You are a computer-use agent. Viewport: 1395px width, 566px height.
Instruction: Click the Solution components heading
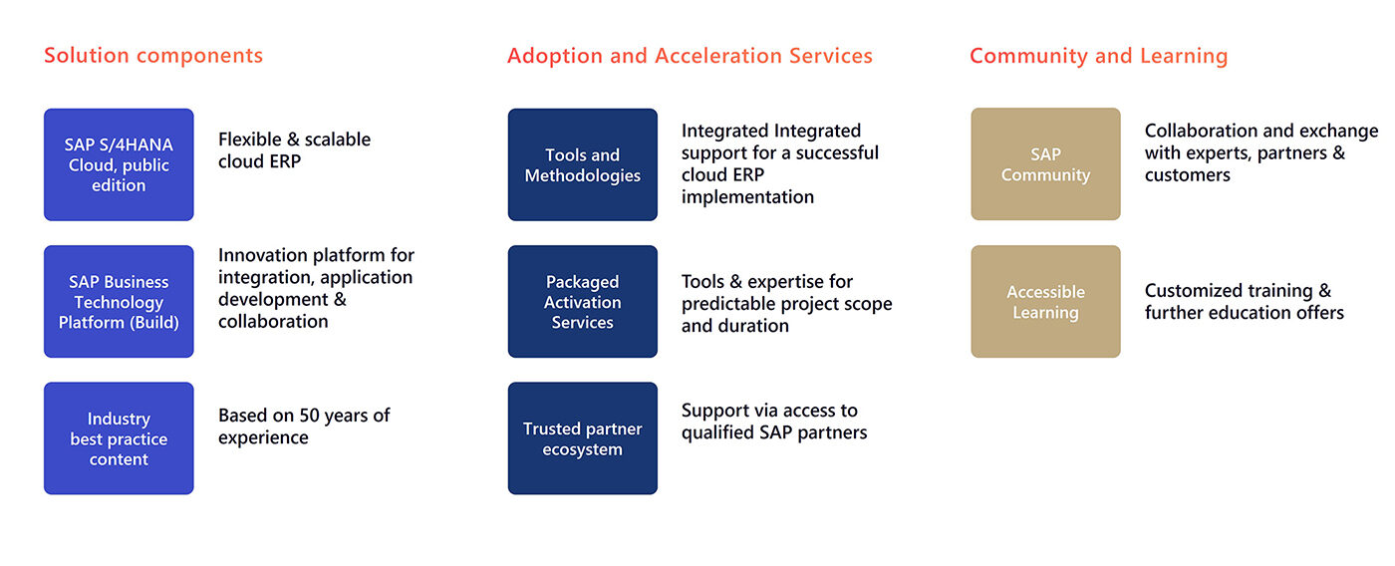click(x=153, y=56)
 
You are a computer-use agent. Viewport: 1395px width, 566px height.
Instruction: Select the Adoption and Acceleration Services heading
click(x=690, y=56)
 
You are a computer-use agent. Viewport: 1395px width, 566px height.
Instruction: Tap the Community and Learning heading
click(x=1098, y=56)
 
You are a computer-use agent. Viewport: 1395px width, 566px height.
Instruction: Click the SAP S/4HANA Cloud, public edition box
click(x=119, y=164)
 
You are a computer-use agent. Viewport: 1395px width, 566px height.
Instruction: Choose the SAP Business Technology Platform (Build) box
click(x=119, y=302)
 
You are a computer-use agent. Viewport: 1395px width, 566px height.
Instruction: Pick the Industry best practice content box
click(x=119, y=438)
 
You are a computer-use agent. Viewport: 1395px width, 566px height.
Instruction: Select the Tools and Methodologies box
click(x=583, y=164)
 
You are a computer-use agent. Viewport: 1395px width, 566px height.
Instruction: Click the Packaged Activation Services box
click(x=583, y=302)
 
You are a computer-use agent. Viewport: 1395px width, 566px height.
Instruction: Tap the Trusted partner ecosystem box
click(x=583, y=438)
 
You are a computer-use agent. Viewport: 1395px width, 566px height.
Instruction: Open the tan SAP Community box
click(x=1045, y=164)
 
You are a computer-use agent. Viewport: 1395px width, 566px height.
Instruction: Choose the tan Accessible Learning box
click(x=1045, y=302)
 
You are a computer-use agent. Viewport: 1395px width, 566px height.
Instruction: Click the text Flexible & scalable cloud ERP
click(x=294, y=150)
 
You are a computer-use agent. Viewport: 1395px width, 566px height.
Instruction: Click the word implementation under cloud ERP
click(x=747, y=197)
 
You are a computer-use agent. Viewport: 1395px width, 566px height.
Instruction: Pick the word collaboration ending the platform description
click(x=273, y=321)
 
